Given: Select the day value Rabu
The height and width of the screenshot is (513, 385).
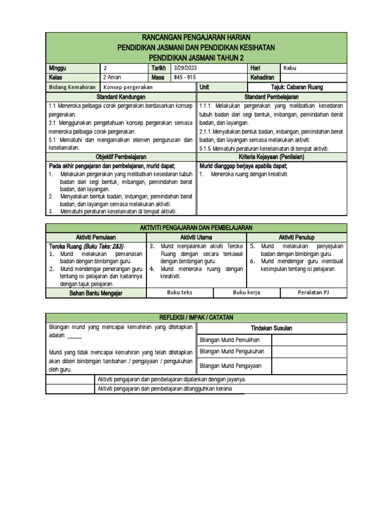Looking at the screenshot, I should point(290,68).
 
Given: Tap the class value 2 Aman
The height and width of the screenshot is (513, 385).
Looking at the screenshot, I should point(112,78).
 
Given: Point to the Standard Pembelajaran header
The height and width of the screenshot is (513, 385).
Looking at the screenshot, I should point(271,96).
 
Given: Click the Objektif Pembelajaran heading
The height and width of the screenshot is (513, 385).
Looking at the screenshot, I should point(121,157).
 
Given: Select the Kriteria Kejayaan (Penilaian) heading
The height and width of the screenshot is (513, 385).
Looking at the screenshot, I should point(271,157).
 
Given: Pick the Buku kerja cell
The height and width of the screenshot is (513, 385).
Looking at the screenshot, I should point(246,293).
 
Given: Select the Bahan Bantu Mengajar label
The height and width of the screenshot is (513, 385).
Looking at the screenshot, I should point(96,293).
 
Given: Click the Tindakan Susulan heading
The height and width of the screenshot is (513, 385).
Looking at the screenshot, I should point(271,328).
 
